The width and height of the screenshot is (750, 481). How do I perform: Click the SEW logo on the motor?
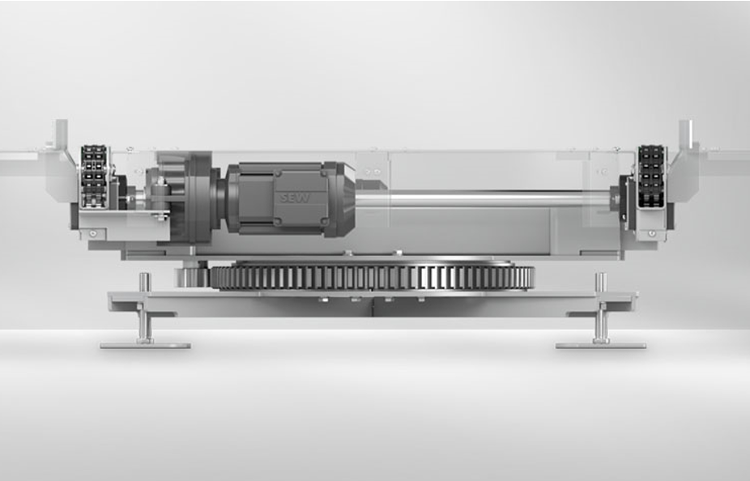(x=295, y=198)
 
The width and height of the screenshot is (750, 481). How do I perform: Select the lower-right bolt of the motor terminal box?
(x=324, y=221)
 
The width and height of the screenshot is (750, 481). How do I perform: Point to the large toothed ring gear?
(x=372, y=276)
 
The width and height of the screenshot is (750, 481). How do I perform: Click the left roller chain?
(x=94, y=177)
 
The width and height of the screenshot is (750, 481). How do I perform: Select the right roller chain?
(x=651, y=177)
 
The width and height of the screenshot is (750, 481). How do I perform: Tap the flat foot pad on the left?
(x=146, y=345)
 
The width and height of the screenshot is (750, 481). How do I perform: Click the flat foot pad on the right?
(x=601, y=345)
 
